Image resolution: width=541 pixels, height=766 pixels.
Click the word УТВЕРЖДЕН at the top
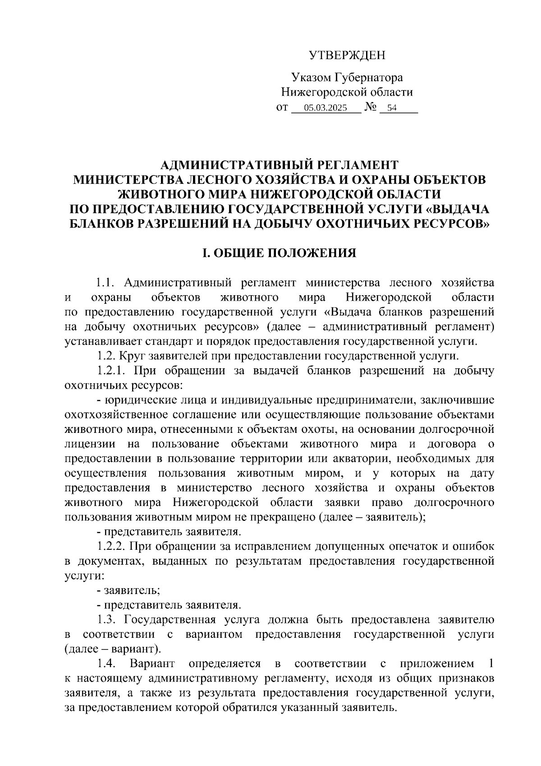(x=347, y=55)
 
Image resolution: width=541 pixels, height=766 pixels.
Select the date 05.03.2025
(x=326, y=108)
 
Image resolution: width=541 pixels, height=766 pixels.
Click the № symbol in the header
(x=370, y=107)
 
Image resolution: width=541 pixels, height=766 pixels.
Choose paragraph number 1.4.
(x=106, y=664)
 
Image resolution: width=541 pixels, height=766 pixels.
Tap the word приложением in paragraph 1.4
(x=436, y=664)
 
